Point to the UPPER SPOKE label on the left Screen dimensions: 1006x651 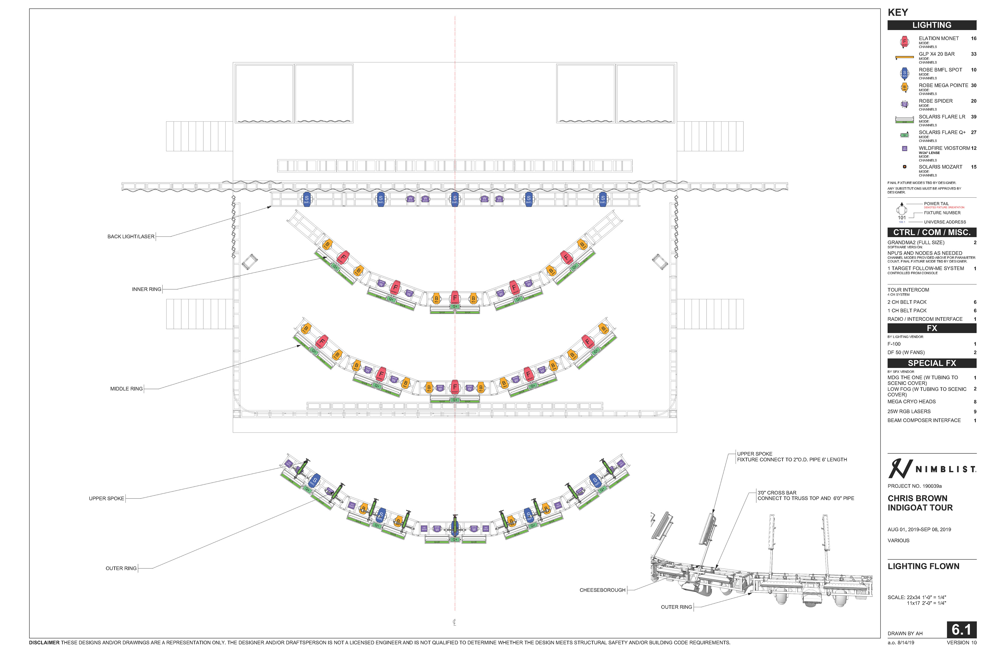(106, 499)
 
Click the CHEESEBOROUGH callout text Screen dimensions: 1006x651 (602, 590)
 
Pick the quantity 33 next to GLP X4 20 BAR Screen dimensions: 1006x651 (974, 54)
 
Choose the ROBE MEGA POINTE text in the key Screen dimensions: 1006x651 (943, 85)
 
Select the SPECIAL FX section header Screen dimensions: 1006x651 (931, 363)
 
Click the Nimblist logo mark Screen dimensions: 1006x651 (900, 468)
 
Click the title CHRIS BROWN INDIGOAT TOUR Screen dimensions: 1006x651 (920, 503)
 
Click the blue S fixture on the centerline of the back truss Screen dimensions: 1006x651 (455, 199)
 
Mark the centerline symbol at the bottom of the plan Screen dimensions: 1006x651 (454, 622)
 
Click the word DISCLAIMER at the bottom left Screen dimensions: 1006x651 (44, 643)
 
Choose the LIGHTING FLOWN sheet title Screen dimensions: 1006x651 (923, 566)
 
